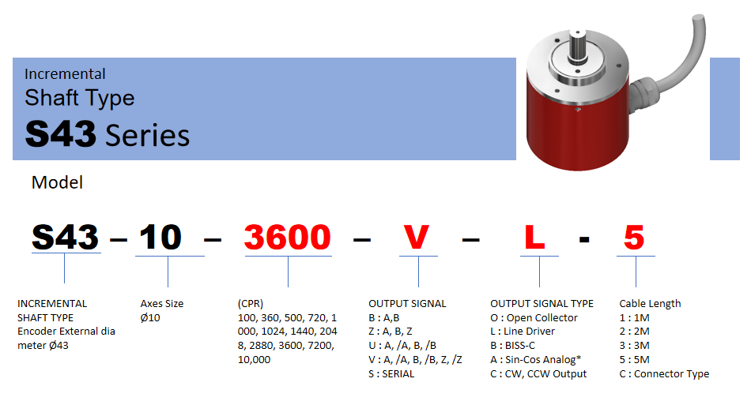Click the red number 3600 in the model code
coord(288,238)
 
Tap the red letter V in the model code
coord(416,238)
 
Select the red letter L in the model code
coord(534,238)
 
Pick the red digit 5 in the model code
coord(634,238)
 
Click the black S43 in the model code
coord(65,238)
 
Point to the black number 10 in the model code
coord(160,238)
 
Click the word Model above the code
coord(57,182)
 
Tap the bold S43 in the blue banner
coord(60,134)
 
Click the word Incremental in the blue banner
coord(65,73)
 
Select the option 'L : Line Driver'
coord(522,331)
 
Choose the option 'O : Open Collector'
coord(534,318)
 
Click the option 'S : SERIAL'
coord(391,373)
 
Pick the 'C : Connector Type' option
coord(664,373)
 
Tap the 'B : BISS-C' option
coord(512,346)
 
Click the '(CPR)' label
coord(251,303)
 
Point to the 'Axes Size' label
coord(162,303)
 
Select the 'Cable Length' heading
coord(650,303)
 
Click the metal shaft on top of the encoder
coord(578,46)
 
